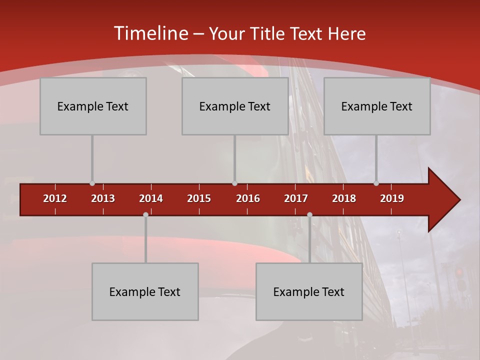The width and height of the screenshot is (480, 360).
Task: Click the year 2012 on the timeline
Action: (55, 198)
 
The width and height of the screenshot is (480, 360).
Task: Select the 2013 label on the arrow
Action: (103, 198)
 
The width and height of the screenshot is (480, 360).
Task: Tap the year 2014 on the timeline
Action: (151, 198)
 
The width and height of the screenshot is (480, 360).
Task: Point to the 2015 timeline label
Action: (199, 198)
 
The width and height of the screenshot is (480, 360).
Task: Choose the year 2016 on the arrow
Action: (248, 198)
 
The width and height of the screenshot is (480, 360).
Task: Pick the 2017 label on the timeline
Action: (296, 198)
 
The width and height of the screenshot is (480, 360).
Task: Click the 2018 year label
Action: (344, 198)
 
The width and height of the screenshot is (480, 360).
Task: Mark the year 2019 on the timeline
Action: (392, 198)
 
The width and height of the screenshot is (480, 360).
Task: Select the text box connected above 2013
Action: (93, 106)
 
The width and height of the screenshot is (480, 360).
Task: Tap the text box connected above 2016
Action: (235, 106)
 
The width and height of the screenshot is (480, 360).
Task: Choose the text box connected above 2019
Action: (377, 106)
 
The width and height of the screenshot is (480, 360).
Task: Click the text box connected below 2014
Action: (145, 291)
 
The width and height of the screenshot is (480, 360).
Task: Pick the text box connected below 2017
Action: (309, 291)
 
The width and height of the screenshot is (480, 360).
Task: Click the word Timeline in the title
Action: (150, 33)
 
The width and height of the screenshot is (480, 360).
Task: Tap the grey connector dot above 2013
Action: (92, 183)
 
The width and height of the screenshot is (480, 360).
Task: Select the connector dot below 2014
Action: (145, 214)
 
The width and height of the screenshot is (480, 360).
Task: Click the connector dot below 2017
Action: (309, 214)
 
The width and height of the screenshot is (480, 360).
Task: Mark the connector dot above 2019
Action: (376, 183)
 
